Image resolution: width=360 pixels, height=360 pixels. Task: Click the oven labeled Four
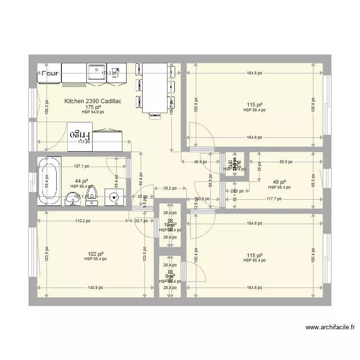tap(49, 73)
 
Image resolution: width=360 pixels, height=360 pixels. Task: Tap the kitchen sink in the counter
tap(96, 73)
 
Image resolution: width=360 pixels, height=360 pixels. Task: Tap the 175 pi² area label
tap(93, 107)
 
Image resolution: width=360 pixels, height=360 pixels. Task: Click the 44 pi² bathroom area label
tap(81, 181)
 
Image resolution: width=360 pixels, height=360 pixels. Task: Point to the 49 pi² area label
tap(279, 182)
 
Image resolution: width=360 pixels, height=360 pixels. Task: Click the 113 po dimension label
tap(84, 142)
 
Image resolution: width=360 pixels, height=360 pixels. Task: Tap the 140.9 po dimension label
tap(95, 288)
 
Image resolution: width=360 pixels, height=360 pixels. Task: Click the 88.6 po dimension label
tap(286, 162)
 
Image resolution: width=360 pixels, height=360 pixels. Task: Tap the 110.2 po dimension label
tap(83, 221)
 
